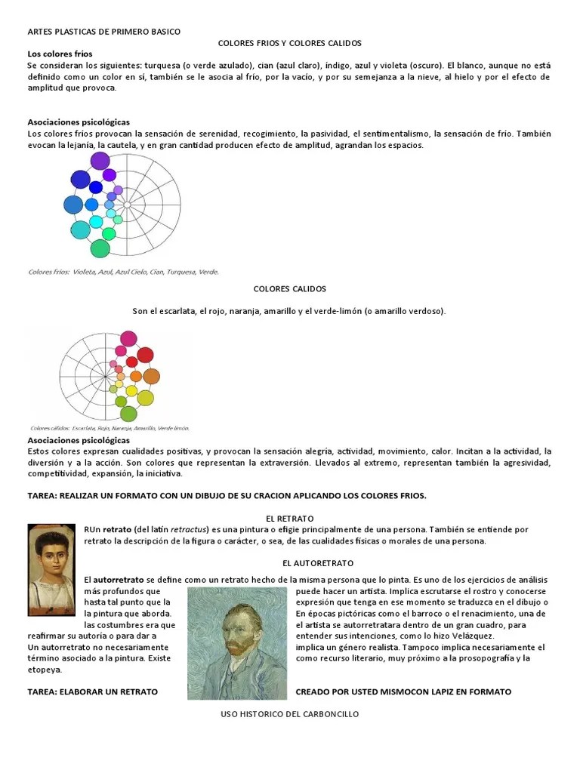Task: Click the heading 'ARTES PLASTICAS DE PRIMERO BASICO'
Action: tap(104, 32)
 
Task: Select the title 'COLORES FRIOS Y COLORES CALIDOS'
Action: tap(290, 43)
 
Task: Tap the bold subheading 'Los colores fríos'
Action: tap(60, 54)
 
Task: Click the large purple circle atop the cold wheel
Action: tap(100, 161)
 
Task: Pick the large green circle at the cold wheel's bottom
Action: tap(100, 248)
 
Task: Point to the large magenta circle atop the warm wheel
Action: tap(128, 337)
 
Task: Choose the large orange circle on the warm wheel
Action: tap(151, 376)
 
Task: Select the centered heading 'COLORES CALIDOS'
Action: tap(289, 289)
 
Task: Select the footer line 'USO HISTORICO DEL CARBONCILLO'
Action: tap(290, 713)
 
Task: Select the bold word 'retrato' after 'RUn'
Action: tap(117, 530)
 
